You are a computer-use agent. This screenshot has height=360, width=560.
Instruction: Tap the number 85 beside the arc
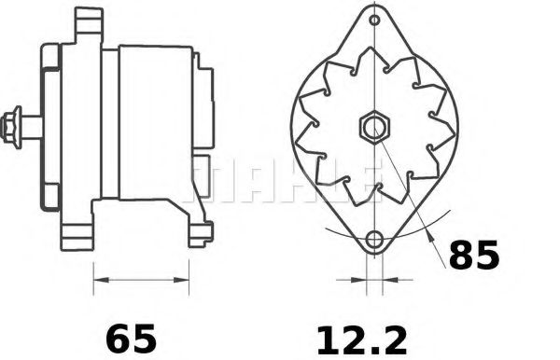(474, 255)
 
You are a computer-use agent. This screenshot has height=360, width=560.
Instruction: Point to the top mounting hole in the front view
(374, 20)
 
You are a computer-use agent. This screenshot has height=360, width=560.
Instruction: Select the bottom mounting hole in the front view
(374, 240)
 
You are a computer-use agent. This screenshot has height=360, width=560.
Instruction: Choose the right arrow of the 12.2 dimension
(390, 278)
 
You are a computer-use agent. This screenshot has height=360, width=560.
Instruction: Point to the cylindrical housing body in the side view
(154, 121)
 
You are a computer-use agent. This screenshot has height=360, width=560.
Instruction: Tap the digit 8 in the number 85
(460, 255)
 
